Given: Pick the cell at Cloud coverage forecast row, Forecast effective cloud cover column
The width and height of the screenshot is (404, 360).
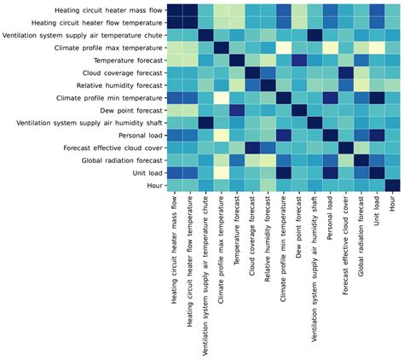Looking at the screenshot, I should [x=346, y=73].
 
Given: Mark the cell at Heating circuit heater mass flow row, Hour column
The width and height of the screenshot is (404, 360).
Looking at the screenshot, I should [x=392, y=9].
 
